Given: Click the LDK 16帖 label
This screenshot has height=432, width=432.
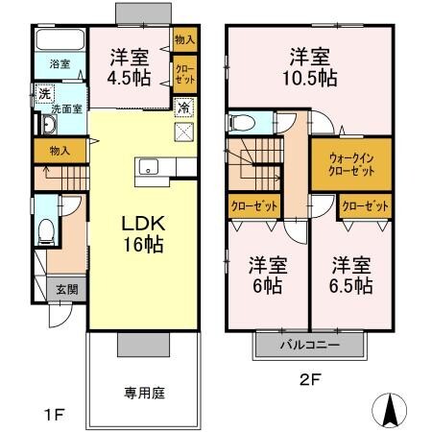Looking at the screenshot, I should pyautogui.click(x=142, y=233).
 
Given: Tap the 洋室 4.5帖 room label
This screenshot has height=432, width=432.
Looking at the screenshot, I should pyautogui.click(x=127, y=67).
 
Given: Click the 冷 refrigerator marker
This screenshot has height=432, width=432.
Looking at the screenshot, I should pyautogui.click(x=183, y=108).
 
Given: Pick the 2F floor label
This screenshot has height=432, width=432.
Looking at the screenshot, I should pyautogui.click(x=308, y=379).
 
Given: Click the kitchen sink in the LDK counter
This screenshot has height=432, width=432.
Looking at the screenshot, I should pyautogui.click(x=149, y=168).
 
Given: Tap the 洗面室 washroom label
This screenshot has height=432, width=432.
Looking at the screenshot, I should pyautogui.click(x=69, y=108).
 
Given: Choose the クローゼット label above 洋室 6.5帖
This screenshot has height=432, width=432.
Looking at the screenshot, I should pyautogui.click(x=365, y=205).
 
